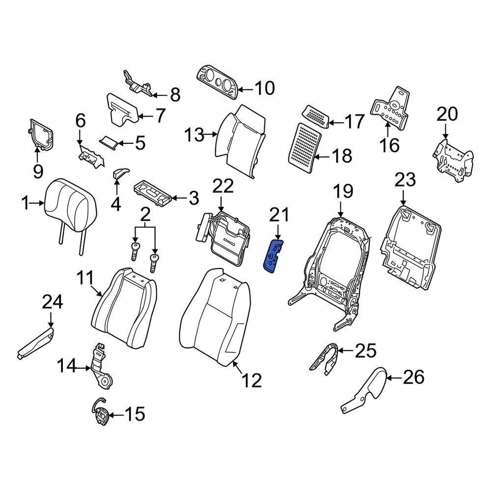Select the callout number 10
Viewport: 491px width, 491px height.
[265, 89]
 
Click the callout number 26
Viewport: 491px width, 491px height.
[413, 378]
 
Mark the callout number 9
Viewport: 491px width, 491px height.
[38, 171]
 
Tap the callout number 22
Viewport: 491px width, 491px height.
[223, 187]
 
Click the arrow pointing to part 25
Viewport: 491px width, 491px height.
[345, 351]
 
